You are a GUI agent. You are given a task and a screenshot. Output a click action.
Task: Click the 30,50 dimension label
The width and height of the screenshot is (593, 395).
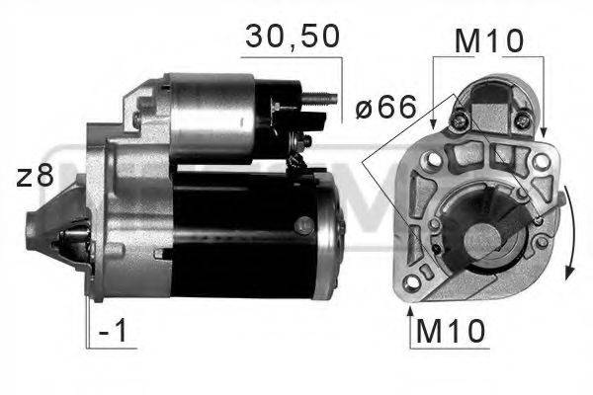(292, 37)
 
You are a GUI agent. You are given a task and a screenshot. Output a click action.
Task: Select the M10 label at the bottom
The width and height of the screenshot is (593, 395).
(450, 331)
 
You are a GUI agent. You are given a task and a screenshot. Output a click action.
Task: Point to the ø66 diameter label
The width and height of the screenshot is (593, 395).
(386, 108)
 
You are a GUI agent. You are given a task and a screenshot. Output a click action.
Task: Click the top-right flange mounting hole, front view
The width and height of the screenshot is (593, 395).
(542, 159)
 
